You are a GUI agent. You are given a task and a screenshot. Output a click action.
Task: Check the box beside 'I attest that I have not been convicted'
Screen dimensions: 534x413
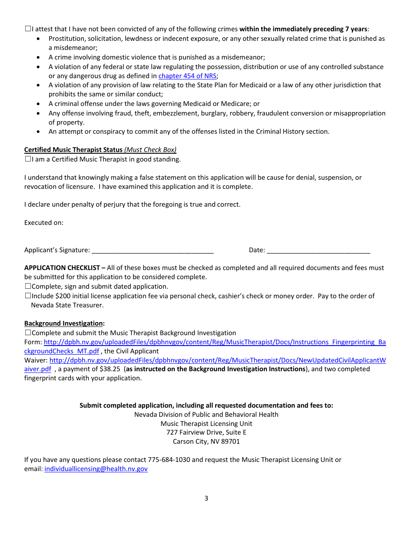tap(28, 29)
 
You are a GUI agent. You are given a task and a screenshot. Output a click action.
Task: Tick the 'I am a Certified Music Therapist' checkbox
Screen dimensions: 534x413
tap(28, 159)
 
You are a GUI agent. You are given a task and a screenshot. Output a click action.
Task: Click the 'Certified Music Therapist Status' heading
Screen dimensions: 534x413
tap(73, 150)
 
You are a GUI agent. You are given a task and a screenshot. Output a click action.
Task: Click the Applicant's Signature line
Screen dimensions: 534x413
tap(153, 251)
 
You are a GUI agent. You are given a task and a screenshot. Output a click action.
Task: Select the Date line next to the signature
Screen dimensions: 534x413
tap(318, 251)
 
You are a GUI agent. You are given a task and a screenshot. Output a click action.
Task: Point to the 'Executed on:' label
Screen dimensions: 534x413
tap(44, 223)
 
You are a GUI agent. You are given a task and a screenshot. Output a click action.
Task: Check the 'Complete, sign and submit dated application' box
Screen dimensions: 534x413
tap(28, 287)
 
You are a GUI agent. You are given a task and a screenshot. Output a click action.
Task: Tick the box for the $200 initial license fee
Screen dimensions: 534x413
tap(28, 296)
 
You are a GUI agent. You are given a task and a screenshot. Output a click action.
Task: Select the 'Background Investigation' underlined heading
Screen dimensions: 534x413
tap(63, 323)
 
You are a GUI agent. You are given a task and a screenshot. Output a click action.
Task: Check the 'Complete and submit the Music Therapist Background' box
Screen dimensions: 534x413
tap(28, 333)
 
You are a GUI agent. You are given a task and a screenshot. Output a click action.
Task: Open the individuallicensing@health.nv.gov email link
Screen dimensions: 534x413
tap(96, 469)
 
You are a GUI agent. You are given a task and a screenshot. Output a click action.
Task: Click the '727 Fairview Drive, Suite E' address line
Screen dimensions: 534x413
tap(206, 432)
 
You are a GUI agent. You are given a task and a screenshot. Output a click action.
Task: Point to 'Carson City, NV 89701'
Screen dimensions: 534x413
tap(206, 442)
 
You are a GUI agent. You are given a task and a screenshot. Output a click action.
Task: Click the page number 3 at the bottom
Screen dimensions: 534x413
tap(206, 498)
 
